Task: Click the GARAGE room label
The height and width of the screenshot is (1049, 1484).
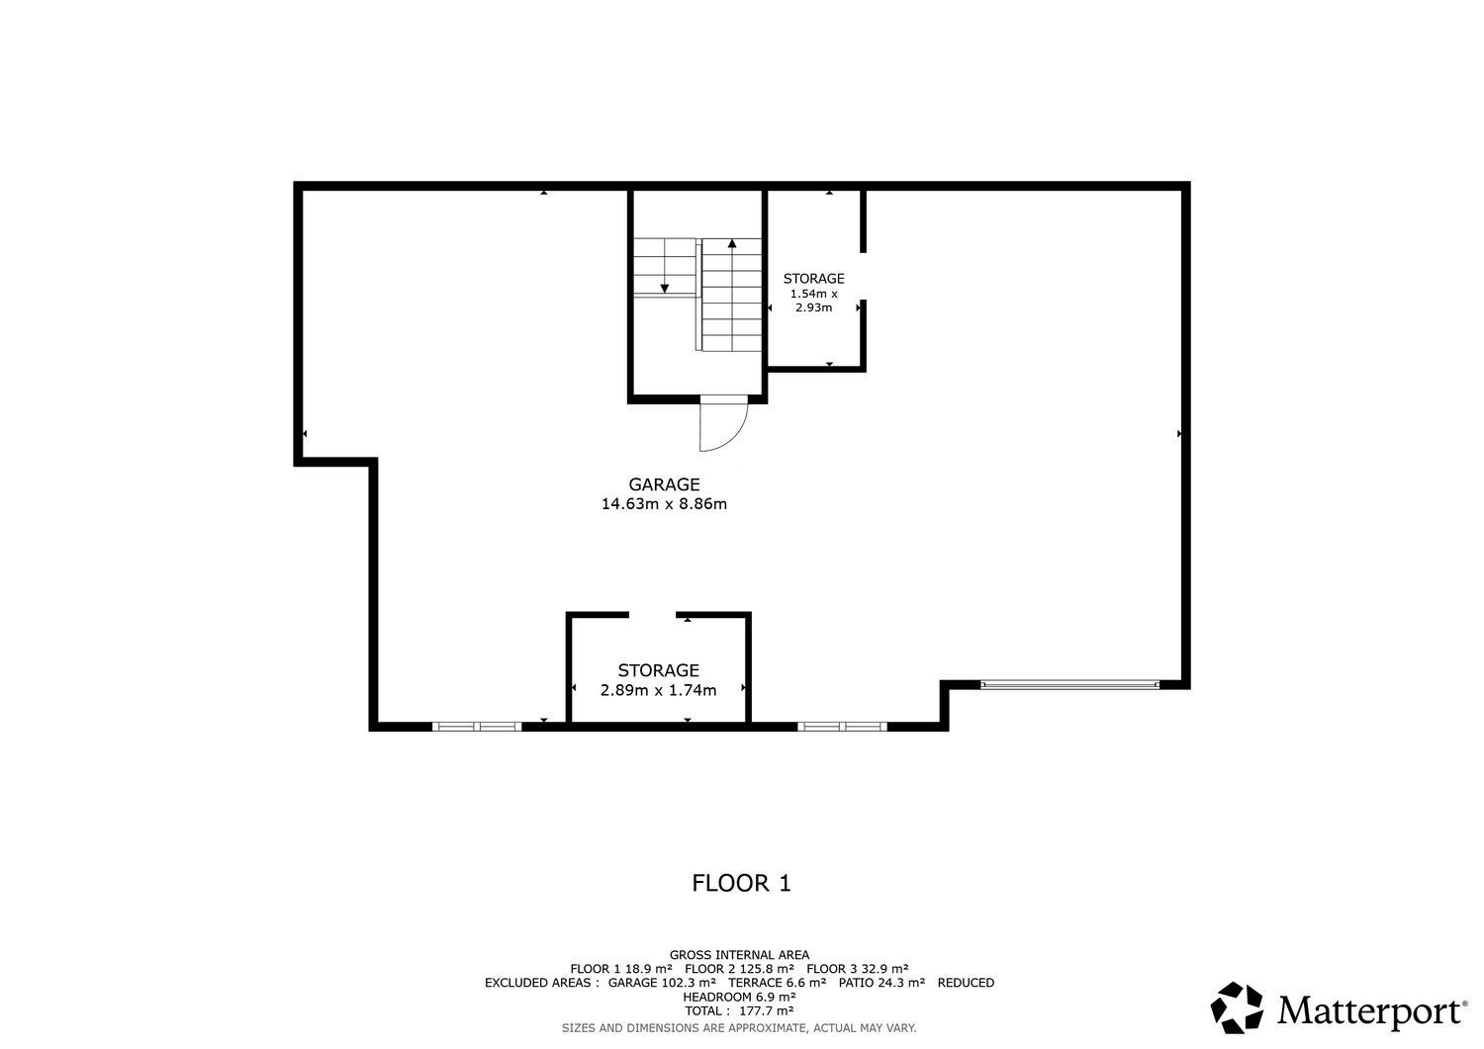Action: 664,484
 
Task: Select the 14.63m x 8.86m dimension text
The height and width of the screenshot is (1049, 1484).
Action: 664,504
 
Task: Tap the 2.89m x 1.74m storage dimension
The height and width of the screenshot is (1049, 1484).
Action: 658,690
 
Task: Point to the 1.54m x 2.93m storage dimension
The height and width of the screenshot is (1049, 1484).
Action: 813,301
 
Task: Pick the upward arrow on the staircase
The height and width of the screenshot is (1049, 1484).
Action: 732,243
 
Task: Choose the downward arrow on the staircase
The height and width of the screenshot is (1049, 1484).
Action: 664,287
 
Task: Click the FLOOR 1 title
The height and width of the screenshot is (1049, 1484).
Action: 741,883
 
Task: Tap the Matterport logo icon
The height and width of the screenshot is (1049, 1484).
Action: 1238,1007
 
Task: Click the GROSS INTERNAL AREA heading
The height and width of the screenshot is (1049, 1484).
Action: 739,955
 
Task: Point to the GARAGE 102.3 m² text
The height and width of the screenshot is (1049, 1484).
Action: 661,983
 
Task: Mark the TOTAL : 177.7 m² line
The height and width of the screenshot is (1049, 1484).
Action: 739,1011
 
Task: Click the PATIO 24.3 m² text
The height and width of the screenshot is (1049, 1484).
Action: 881,983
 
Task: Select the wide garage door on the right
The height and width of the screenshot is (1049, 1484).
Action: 1068,684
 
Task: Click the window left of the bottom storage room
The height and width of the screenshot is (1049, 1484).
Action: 477,727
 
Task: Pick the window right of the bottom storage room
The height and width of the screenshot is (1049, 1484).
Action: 842,727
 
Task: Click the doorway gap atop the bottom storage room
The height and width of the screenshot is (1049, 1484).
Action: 652,615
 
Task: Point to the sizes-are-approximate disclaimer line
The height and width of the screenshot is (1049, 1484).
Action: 739,1028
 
